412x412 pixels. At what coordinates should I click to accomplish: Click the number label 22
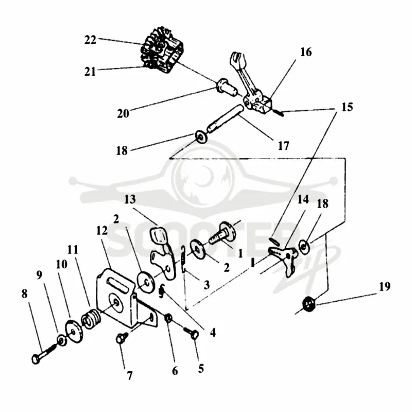coord(90,40)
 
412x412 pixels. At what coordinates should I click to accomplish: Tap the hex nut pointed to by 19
coord(309,304)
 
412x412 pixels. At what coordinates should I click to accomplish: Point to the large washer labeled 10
coord(74,332)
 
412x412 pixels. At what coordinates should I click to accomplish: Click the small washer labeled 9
coord(62,341)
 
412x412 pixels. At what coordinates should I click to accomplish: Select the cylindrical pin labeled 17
coord(226,118)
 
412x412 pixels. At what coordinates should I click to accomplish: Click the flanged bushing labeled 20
coord(226,87)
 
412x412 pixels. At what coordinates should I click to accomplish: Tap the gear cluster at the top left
coord(162,50)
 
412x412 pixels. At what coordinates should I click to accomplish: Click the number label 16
coord(306,52)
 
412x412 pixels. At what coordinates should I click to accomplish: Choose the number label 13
coord(130,199)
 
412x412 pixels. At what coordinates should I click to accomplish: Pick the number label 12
coord(102,231)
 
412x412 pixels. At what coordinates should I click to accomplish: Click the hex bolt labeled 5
coord(191,333)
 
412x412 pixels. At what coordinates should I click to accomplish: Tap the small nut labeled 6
coord(168,319)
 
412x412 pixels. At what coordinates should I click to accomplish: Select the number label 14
coord(303,200)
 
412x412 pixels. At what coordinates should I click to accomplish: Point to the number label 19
coord(385,286)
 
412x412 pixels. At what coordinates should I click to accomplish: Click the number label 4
coord(213,333)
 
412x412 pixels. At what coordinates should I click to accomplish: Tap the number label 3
coord(207,285)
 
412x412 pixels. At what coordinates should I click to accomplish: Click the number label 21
coord(90,72)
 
